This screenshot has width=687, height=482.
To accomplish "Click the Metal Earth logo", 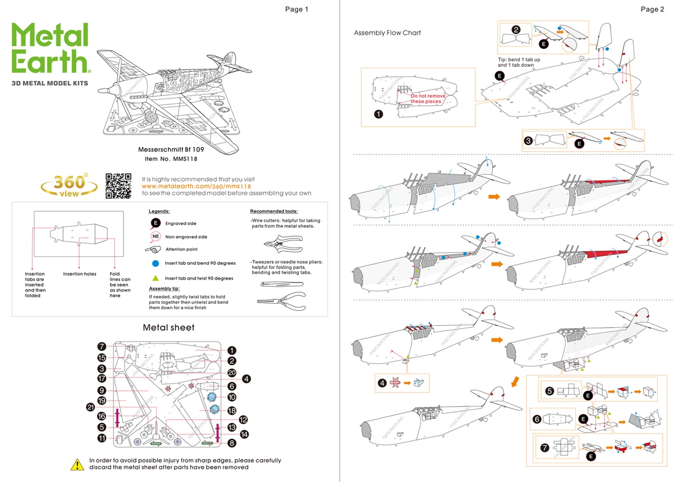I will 50,49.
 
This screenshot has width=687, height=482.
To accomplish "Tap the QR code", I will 118,185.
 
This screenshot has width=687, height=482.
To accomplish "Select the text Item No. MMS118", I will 168,159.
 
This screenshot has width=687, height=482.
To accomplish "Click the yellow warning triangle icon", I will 78,464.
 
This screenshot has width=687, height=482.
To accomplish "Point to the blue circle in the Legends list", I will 155,264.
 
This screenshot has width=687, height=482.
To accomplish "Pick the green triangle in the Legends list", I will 155,278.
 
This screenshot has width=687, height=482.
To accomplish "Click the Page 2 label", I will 652,9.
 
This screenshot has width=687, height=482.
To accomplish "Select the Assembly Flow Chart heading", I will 387,33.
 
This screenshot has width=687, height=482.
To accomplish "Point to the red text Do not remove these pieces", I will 428,99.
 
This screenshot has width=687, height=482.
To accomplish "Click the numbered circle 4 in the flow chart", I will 382,383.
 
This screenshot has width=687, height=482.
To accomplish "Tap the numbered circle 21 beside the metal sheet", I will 91,406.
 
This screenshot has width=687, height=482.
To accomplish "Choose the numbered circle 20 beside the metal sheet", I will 232,373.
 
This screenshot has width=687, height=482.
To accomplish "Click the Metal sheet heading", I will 169,328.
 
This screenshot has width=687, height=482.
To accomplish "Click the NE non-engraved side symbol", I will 156,236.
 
